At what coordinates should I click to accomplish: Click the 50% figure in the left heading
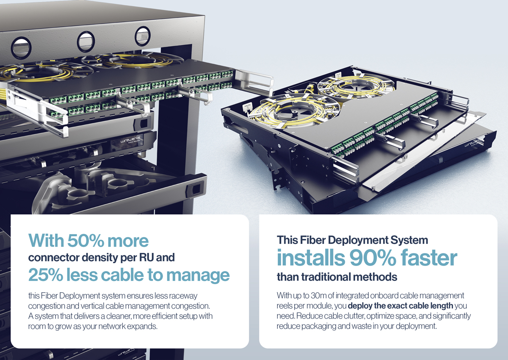pyautogui.click(x=85, y=241)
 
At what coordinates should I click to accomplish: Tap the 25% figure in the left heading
pyautogui.click(x=45, y=275)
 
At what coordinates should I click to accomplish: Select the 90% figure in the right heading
pyautogui.click(x=373, y=258)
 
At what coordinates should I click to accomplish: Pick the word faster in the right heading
pyautogui.click(x=428, y=258)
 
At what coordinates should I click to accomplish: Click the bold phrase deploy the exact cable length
pyautogui.click(x=400, y=306)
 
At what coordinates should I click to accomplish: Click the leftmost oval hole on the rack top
pyautogui.click(x=21, y=48)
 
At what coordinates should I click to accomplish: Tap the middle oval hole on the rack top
pyautogui.click(x=86, y=42)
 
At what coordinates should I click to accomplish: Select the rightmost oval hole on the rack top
pyautogui.click(x=142, y=36)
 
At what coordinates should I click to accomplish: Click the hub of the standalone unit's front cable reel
pyautogui.click(x=294, y=111)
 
